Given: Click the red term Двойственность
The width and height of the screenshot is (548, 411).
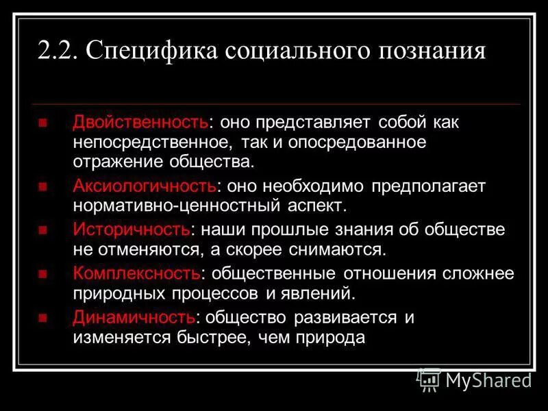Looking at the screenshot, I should pyautogui.click(x=140, y=123).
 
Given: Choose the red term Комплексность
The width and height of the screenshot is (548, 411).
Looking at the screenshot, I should pyautogui.click(x=137, y=273).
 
